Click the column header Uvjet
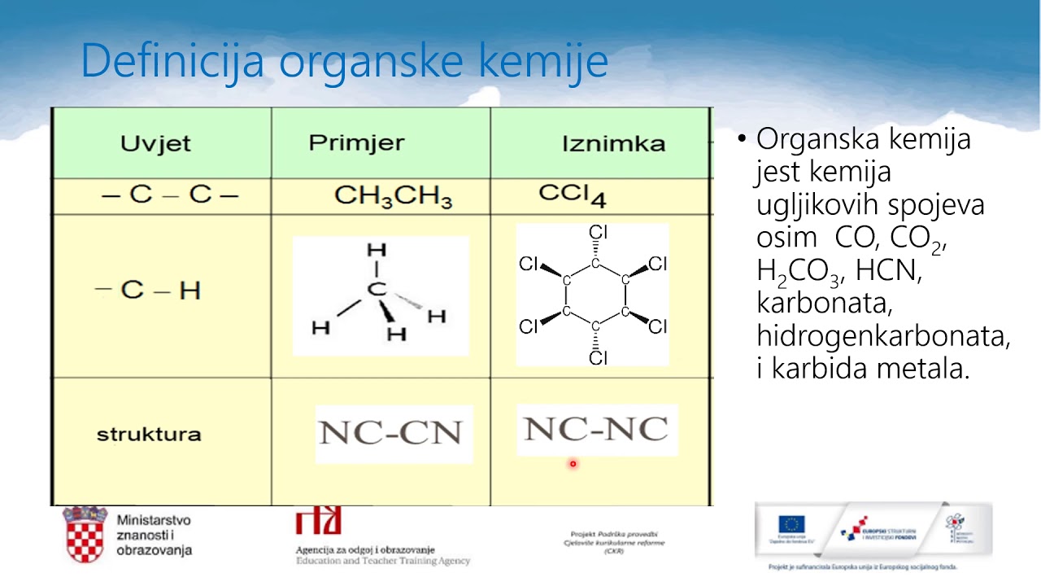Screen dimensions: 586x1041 click(x=155, y=144)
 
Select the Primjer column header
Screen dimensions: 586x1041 click(x=356, y=143)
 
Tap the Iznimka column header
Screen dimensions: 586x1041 click(x=613, y=144)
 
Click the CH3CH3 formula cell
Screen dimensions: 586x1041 click(x=393, y=196)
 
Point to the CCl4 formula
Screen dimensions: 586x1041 click(x=572, y=195)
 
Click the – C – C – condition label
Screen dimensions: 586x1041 click(x=169, y=195)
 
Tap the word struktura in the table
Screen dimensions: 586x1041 click(x=149, y=434)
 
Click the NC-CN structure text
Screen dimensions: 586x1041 click(x=391, y=432)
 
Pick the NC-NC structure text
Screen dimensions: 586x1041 click(x=596, y=429)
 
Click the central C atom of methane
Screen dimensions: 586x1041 click(x=375, y=289)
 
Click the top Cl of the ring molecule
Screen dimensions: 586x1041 click(x=598, y=233)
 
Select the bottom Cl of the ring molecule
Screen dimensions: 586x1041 click(x=598, y=357)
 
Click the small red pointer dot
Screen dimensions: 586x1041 click(x=573, y=464)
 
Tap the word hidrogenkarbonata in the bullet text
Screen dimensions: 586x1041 click(x=883, y=336)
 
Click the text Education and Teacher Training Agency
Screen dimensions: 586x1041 click(x=382, y=561)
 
